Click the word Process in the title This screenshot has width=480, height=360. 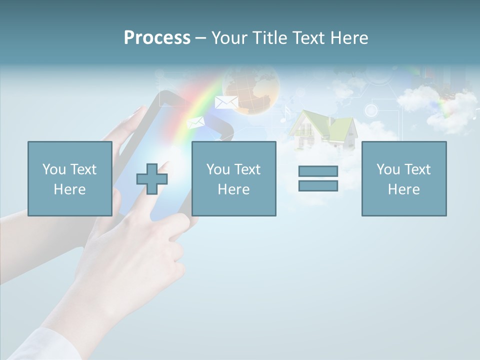pyautogui.click(x=157, y=38)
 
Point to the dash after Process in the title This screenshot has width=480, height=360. pyautogui.click(x=200, y=38)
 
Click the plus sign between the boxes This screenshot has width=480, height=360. pyautogui.click(x=152, y=179)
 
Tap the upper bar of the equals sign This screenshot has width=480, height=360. pyautogui.click(x=318, y=171)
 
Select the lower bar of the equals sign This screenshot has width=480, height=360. pyautogui.click(x=318, y=185)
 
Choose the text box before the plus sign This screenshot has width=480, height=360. pyautogui.click(x=69, y=178)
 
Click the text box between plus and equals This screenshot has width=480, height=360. pyautogui.click(x=233, y=178)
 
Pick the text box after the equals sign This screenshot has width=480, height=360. pyautogui.click(x=403, y=178)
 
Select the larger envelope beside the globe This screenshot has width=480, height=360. pyautogui.click(x=226, y=102)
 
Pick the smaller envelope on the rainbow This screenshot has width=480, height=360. pyautogui.click(x=195, y=122)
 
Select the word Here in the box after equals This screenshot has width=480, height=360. pyautogui.click(x=403, y=189)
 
